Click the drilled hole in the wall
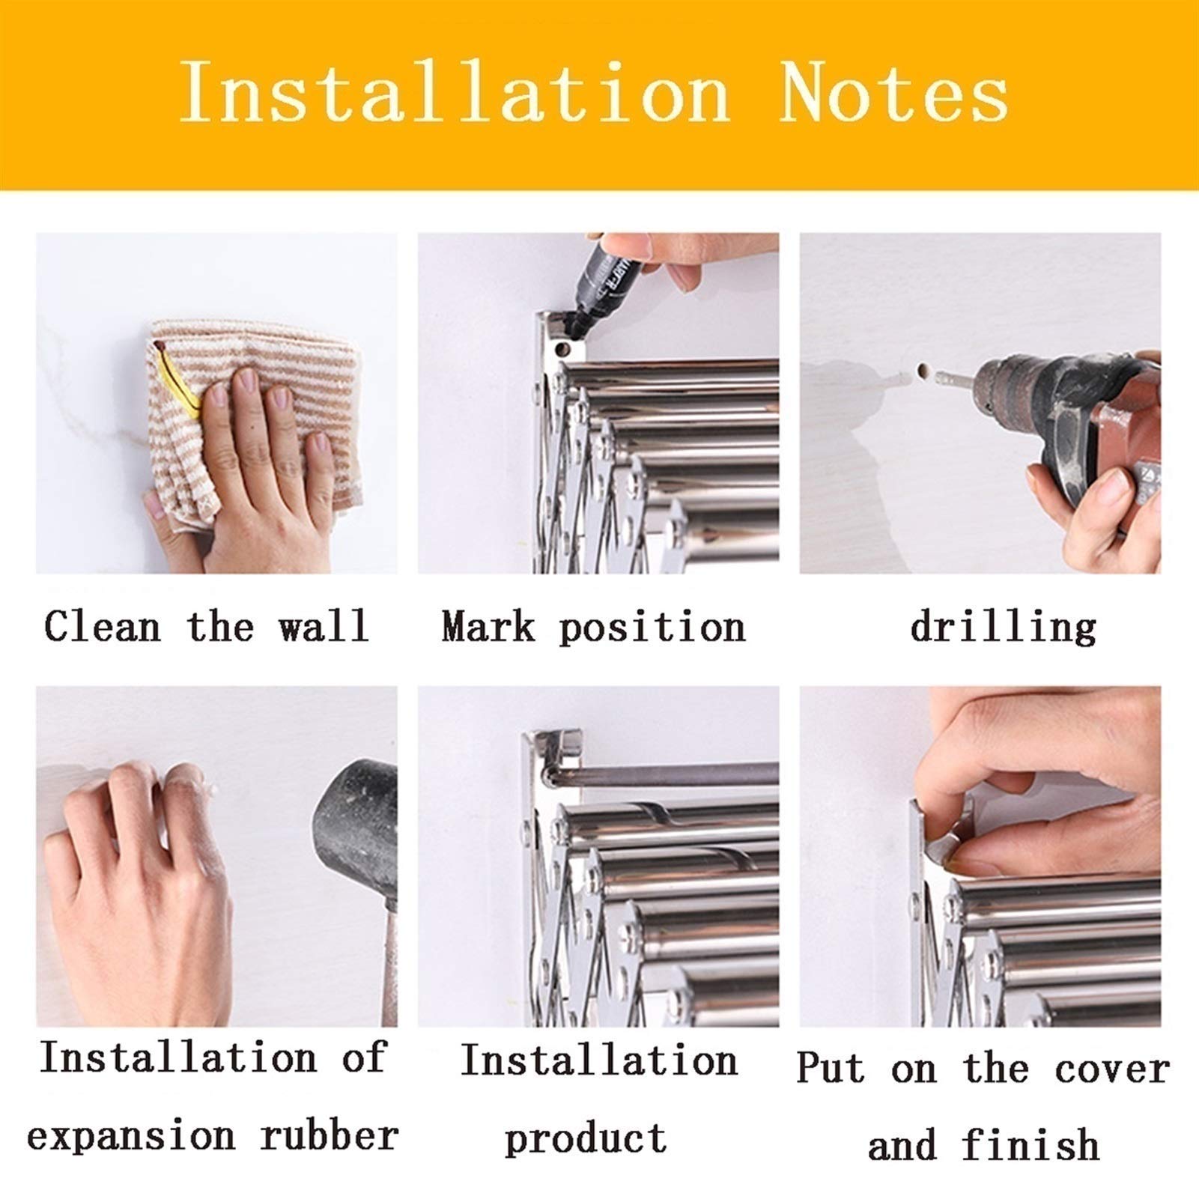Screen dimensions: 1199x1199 923,371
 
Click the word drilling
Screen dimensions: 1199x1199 1003,626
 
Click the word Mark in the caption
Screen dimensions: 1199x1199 488,626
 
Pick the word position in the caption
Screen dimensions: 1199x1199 652,628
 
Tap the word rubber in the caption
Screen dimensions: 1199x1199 329,1135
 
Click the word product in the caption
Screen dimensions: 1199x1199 586,1138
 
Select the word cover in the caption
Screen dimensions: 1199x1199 1112,1069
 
